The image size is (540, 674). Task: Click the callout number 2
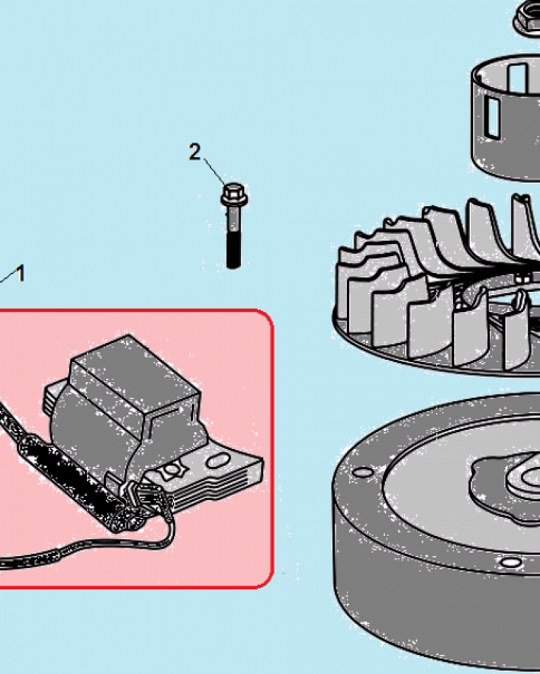coord(194,152)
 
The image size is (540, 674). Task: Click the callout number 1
coord(20,274)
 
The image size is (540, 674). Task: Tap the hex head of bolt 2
coord(234,194)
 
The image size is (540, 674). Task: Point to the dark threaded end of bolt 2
coord(234,250)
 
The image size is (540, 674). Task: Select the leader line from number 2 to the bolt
coord(214,171)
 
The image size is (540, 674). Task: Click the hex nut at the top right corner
coord(526,17)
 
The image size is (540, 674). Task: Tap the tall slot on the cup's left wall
coord(492,117)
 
